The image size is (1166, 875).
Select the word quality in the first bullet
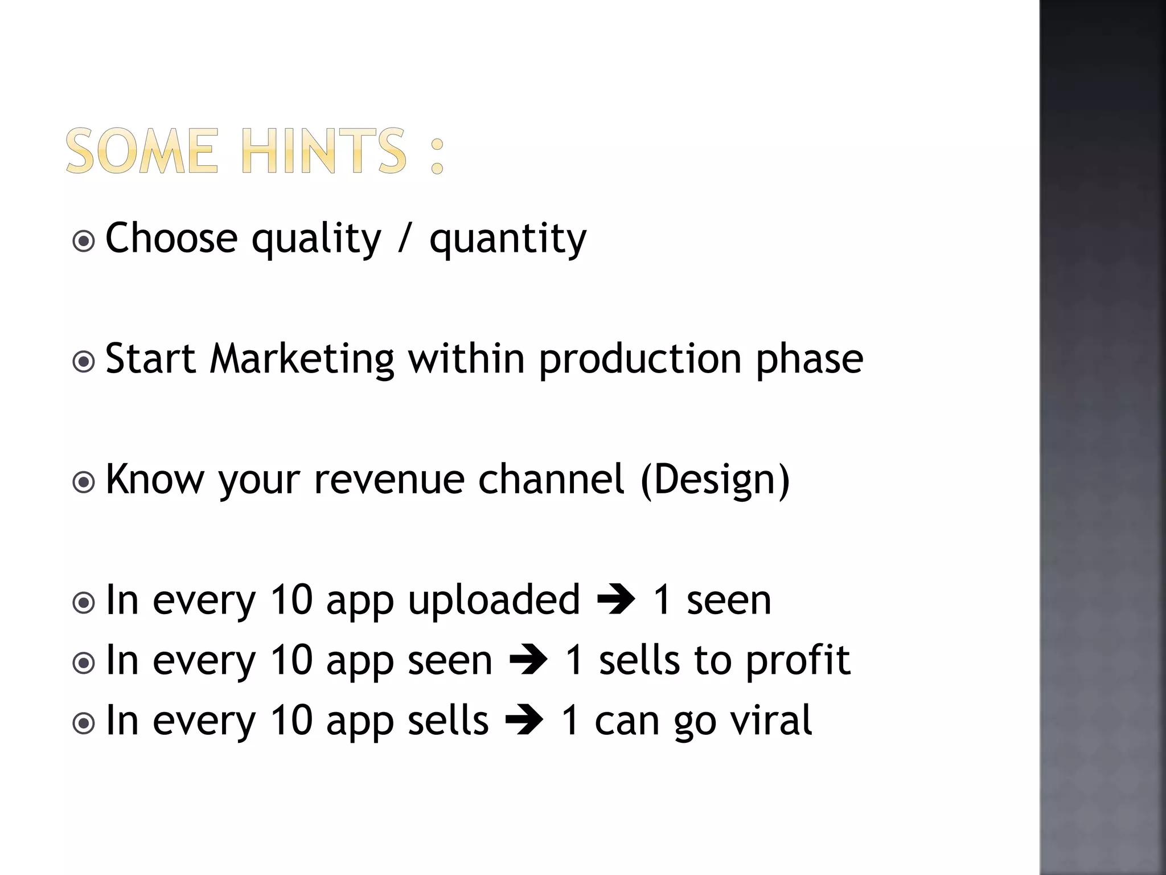(x=316, y=239)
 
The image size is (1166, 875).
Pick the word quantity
(x=507, y=239)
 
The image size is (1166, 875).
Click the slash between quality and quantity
(x=404, y=238)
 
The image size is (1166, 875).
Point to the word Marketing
(x=302, y=359)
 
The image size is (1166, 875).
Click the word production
(x=640, y=361)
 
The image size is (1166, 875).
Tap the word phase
(x=809, y=361)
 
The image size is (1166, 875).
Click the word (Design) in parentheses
(x=715, y=481)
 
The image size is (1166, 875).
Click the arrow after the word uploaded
(x=615, y=600)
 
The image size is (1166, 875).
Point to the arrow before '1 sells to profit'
(x=528, y=661)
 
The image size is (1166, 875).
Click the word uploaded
(x=494, y=601)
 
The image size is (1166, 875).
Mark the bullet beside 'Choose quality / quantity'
(x=84, y=241)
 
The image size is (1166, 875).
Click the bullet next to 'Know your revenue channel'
(x=84, y=483)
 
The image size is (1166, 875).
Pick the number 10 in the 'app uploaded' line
(x=291, y=600)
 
